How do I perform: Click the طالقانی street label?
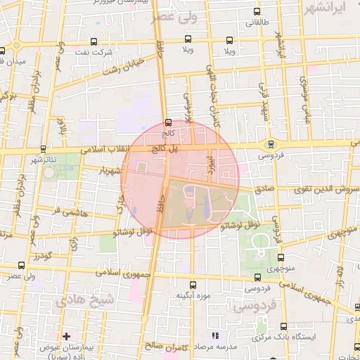[x=252, y=22]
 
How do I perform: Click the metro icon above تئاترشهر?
[x=45, y=149]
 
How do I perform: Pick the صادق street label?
[x=264, y=188]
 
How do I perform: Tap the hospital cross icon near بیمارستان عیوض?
[x=67, y=336]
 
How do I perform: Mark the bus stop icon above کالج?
[x=167, y=122]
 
